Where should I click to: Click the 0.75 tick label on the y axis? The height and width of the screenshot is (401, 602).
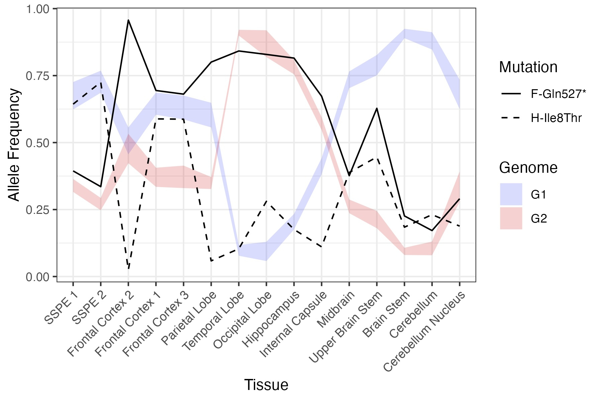coord(37,76)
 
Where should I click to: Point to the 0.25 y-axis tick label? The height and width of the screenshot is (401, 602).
coord(37,210)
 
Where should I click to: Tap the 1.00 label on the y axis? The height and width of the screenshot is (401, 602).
coord(37,9)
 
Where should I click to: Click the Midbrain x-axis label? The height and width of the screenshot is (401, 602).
coord(336,309)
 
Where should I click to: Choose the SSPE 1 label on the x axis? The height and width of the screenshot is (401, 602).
coord(61,307)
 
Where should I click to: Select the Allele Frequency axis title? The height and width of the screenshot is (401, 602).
coord(14,145)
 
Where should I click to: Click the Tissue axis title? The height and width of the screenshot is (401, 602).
coord(266,385)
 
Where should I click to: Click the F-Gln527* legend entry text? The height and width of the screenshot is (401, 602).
coord(558,94)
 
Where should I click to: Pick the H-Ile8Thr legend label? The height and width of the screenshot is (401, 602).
coord(556,118)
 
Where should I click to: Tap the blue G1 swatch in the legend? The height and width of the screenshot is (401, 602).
coord(511,194)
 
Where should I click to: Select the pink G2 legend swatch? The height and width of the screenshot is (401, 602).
coord(511,218)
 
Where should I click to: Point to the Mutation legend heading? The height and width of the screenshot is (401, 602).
coord(528,67)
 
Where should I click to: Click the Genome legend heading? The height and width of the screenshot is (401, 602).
coord(528,167)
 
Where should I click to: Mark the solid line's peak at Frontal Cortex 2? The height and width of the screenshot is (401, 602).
coord(128,20)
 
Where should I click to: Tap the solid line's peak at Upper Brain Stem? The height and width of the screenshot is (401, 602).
coord(377,108)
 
